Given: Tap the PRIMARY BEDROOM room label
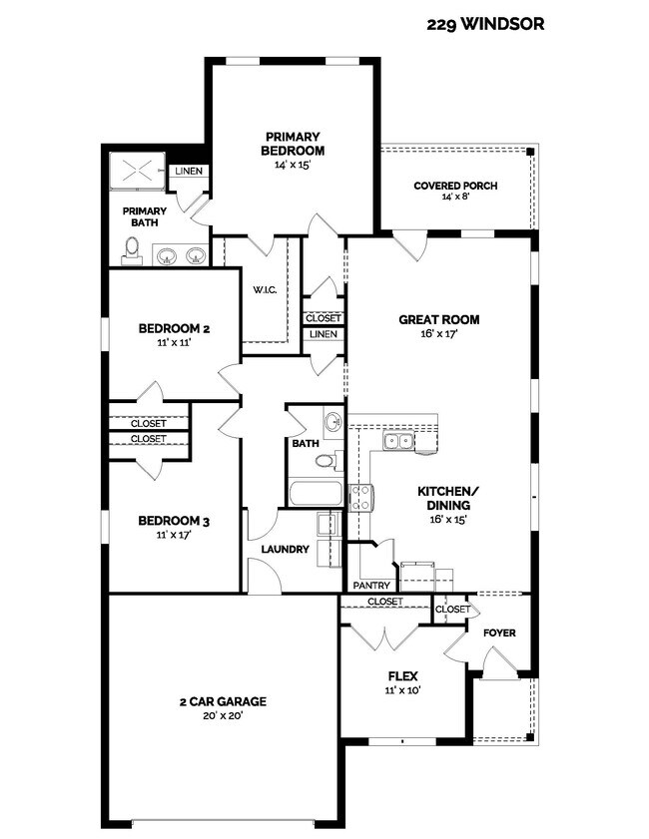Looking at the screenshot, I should coord(293,144).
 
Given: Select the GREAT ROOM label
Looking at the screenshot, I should coord(438,320).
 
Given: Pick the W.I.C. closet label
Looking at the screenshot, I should coord(264,290).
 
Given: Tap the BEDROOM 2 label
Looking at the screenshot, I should coord(174,328).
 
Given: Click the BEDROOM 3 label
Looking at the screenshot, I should coord(174,521).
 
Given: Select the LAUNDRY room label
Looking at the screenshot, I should coord(286,549).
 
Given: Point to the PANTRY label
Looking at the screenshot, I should coord(370,585).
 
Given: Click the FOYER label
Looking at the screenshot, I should coord(498,632).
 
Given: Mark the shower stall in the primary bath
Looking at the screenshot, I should coord(137,171).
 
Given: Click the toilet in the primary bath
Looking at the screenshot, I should coord(133,251).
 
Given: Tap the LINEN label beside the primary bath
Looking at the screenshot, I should coord(189,171).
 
